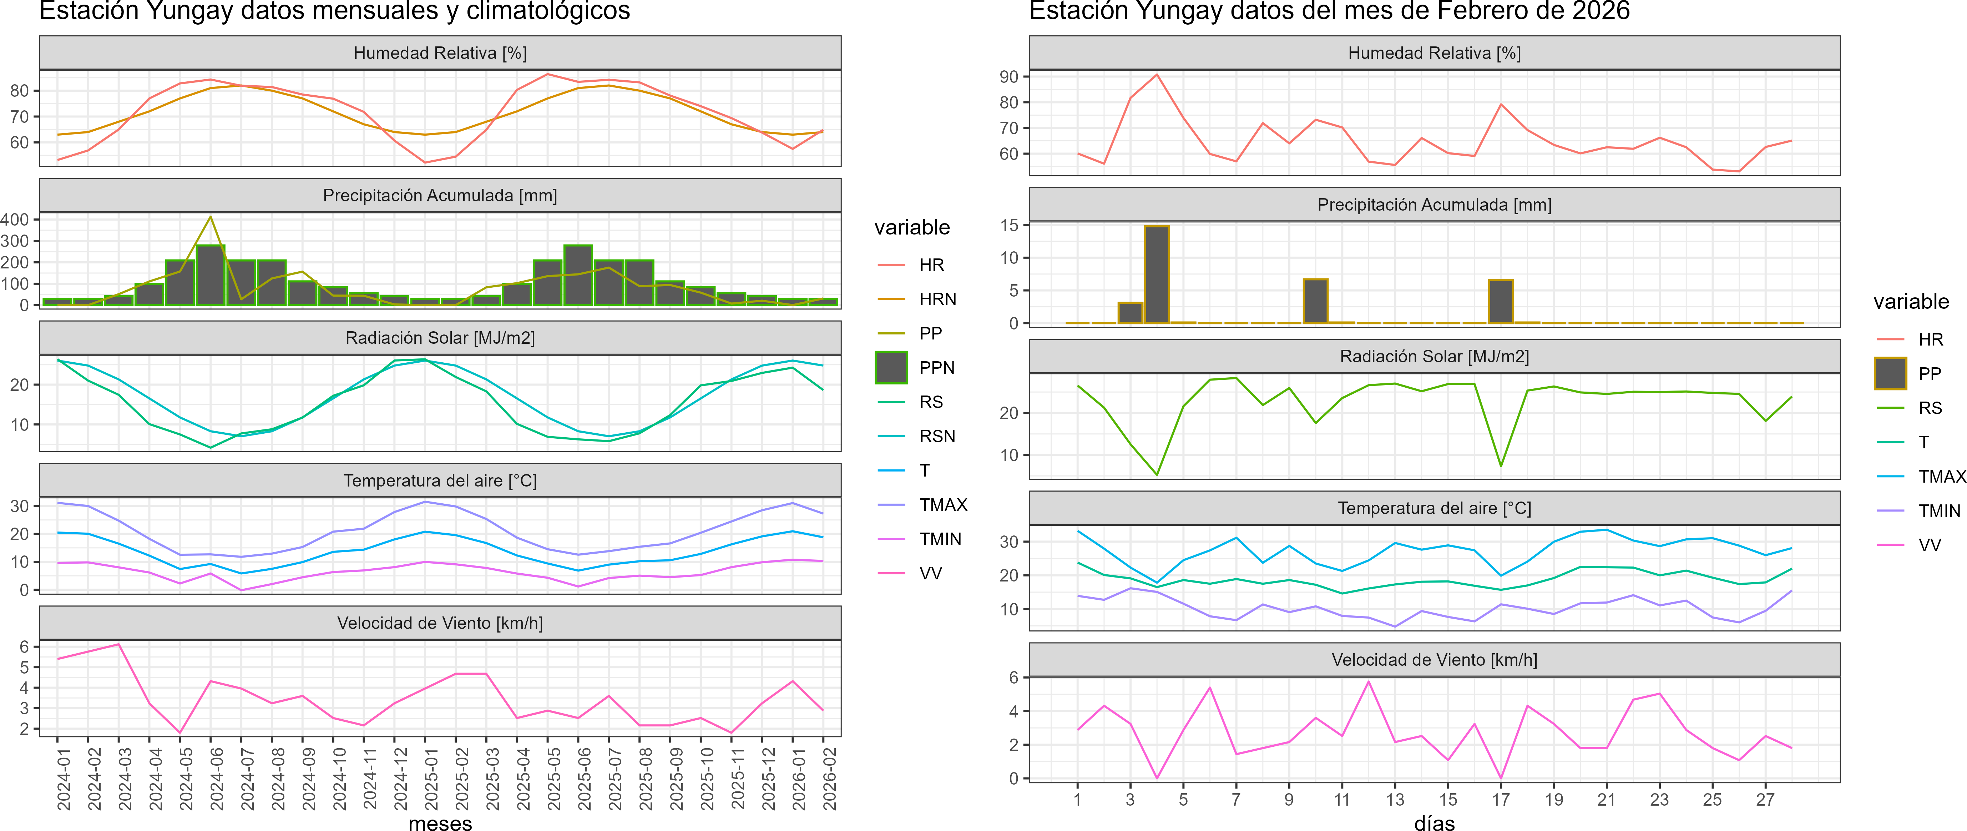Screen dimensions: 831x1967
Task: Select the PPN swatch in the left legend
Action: pos(891,367)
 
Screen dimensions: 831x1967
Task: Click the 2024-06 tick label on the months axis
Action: pos(218,779)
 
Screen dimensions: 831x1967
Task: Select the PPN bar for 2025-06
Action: pos(578,275)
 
